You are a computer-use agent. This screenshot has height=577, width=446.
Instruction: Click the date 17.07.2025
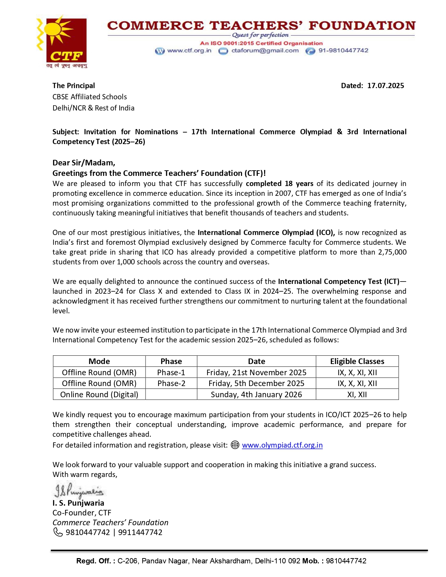pyautogui.click(x=385, y=86)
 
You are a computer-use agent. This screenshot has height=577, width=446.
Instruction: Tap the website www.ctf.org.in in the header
pyautogui.click(x=189, y=50)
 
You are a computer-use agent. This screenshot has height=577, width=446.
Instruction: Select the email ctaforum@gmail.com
pyautogui.click(x=265, y=50)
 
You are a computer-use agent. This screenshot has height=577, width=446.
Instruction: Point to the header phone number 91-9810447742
pyautogui.click(x=343, y=50)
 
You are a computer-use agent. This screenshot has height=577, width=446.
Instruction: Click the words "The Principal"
pyautogui.click(x=73, y=86)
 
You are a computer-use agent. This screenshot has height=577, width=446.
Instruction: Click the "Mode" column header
pyautogui.click(x=99, y=361)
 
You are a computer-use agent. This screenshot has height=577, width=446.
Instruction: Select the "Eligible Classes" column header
pyautogui.click(x=357, y=361)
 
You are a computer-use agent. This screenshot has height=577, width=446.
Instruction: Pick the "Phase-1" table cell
pyautogui.click(x=171, y=372)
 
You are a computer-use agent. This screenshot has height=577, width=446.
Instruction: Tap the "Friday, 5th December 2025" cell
pyautogui.click(x=256, y=383)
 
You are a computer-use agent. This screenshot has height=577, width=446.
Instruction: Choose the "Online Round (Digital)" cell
pyautogui.click(x=99, y=394)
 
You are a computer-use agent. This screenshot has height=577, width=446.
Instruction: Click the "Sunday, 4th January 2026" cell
pyautogui.click(x=256, y=394)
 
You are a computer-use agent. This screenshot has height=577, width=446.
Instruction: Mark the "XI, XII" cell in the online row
pyautogui.click(x=357, y=394)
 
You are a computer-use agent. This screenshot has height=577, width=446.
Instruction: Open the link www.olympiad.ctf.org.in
pyautogui.click(x=282, y=445)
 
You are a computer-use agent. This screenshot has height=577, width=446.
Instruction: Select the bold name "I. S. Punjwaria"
pyautogui.click(x=78, y=503)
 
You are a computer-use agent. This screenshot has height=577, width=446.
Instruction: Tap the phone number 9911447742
pyautogui.click(x=140, y=532)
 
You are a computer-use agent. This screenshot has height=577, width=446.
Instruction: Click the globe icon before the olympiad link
pyautogui.click(x=235, y=445)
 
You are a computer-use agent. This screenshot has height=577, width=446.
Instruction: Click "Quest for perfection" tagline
pyautogui.click(x=261, y=35)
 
